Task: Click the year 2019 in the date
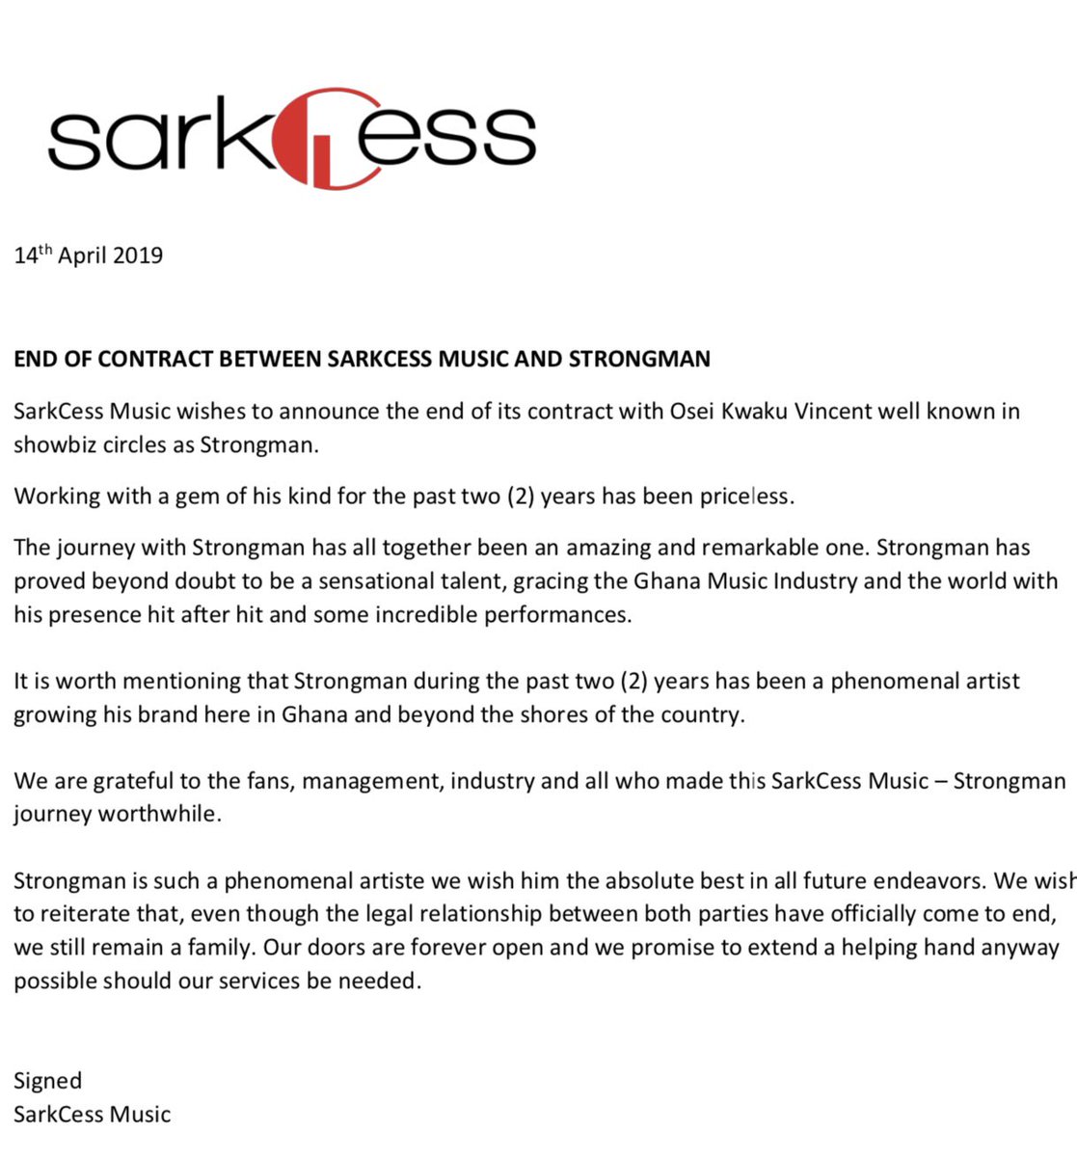137,256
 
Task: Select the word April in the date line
82,256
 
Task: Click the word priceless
744,497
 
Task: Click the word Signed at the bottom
48,1081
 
